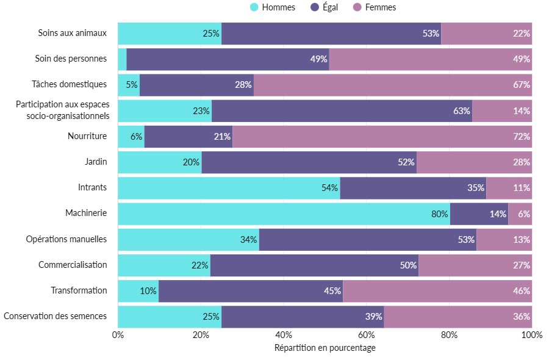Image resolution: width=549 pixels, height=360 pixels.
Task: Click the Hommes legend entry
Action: click(273, 7)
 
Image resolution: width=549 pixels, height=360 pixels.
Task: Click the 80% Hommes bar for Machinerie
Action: click(284, 214)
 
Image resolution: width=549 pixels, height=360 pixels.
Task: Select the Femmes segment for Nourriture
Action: click(382, 137)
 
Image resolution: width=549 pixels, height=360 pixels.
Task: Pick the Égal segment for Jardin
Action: click(309, 162)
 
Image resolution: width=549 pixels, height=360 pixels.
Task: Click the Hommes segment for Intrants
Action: click(229, 188)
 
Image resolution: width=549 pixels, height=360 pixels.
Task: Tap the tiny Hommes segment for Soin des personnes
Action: click(122, 59)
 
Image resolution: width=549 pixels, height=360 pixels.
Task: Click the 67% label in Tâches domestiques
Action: click(522, 85)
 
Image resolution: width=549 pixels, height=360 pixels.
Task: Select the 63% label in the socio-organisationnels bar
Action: click(462, 111)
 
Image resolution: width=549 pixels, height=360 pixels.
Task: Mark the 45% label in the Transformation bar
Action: click(332, 291)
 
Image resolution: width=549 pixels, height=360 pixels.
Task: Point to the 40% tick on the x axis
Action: click(284, 334)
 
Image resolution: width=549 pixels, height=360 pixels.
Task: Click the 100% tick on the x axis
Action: click(532, 334)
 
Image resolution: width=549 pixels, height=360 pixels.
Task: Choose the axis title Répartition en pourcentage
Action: click(325, 348)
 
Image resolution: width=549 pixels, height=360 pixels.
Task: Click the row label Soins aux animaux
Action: click(72, 33)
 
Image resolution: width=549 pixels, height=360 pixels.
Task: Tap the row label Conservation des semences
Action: click(55, 316)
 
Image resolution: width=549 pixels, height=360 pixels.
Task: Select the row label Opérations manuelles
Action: click(66, 239)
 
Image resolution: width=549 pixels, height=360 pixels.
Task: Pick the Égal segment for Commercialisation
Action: click(314, 265)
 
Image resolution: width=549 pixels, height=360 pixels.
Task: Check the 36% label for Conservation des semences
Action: click(522, 317)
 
